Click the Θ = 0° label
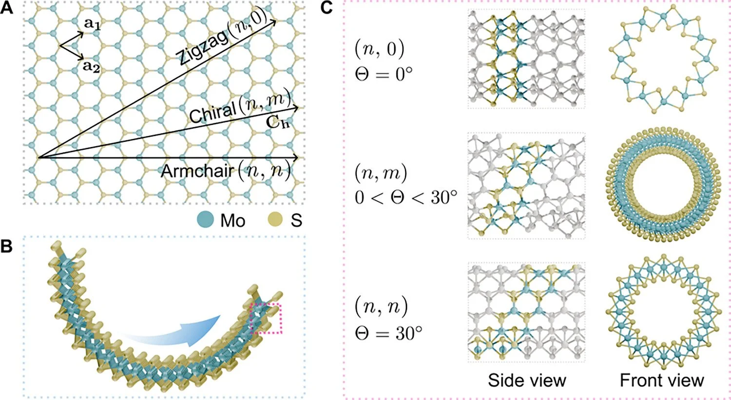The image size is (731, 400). pyautogui.click(x=384, y=75)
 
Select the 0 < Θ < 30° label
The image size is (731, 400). pyautogui.click(x=406, y=197)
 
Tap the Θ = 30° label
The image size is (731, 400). pyautogui.click(x=388, y=334)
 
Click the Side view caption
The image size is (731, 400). pyautogui.click(x=527, y=380)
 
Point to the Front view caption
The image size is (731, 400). pyautogui.click(x=661, y=380)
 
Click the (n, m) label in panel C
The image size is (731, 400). pyautogui.click(x=381, y=172)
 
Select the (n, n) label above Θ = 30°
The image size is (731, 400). pyautogui.click(x=381, y=307)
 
